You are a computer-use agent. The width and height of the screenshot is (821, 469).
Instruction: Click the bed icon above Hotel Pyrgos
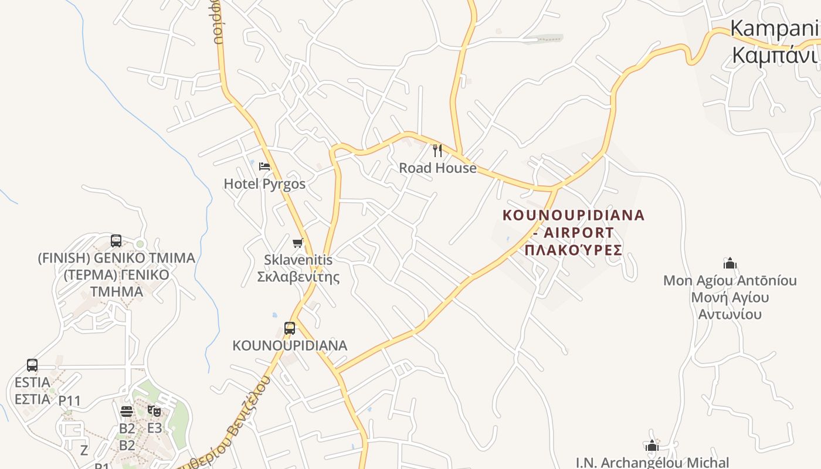[264, 166]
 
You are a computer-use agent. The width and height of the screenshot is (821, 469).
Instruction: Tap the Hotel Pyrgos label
[264, 184]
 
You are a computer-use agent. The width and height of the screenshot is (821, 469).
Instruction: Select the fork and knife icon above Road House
[437, 151]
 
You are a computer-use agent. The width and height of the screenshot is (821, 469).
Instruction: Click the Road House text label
[437, 168]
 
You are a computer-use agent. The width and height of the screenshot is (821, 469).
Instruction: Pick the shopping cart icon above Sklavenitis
[298, 243]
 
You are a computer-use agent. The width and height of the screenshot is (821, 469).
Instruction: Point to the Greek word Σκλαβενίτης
[298, 277]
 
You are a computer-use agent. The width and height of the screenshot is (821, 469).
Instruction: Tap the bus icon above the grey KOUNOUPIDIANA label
[290, 328]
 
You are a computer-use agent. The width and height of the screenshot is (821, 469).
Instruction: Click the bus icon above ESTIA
[32, 365]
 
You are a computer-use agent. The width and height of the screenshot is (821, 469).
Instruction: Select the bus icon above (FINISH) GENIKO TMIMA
[116, 240]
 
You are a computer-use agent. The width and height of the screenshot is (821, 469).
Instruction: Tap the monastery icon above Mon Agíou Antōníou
[730, 263]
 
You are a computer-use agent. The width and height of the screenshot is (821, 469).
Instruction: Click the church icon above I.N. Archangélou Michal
[652, 446]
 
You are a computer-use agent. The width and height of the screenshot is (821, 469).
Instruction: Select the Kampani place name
[774, 29]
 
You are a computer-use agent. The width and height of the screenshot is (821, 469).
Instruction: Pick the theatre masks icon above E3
[154, 411]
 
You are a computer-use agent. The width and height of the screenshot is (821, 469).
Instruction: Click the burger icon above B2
[127, 412]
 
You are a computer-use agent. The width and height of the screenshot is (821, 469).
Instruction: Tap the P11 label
[69, 401]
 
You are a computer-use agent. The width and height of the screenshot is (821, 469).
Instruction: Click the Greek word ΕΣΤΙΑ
[32, 399]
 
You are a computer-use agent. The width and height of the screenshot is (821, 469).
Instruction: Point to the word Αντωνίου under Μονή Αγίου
[730, 314]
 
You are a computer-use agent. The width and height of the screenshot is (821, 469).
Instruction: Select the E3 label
[154, 428]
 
